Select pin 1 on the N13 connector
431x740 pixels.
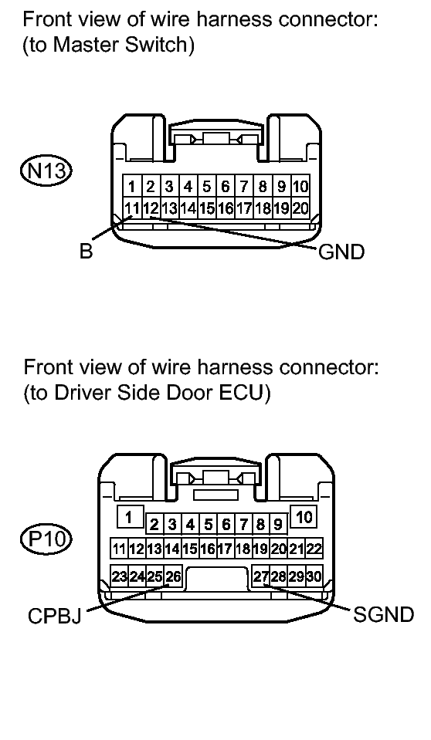coord(132,186)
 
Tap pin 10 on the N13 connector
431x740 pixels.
coord(300,186)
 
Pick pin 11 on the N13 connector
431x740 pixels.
coord(132,208)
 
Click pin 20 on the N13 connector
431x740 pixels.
coord(300,208)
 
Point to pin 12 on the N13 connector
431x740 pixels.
coord(151,208)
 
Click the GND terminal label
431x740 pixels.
coord(340,252)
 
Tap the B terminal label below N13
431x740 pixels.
coord(86,252)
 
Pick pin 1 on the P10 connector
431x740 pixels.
coord(130,516)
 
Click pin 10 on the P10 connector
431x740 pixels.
coord(304,516)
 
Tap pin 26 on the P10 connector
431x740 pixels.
coord(174,576)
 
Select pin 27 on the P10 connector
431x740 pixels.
coord(260,576)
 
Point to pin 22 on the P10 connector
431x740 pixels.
coord(314,549)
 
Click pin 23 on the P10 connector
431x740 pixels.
coord(120,576)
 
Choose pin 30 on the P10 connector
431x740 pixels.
coord(314,576)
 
